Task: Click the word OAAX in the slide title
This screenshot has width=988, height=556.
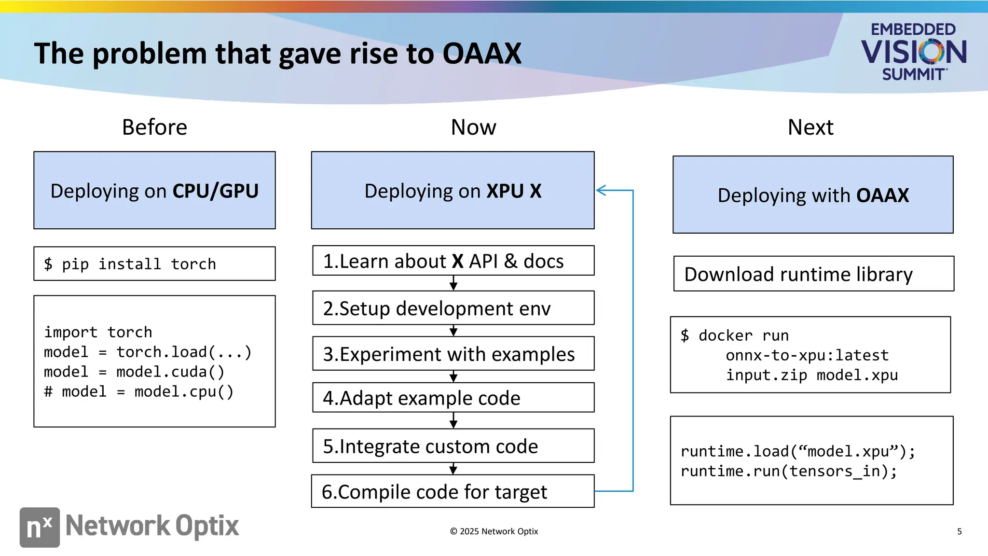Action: point(481,53)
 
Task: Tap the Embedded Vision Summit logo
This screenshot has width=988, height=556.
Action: point(913,52)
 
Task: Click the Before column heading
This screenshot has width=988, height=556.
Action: point(154,127)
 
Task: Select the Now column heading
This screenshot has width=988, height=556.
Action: point(473,127)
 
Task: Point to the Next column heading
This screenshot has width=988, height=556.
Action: point(810,127)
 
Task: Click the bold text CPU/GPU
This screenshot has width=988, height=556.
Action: point(215,191)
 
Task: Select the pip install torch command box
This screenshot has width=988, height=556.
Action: point(154,264)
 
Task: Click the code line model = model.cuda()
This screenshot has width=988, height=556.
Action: point(134,372)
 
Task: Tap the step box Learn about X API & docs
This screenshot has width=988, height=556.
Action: point(453,261)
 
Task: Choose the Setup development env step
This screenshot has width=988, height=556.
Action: point(453,308)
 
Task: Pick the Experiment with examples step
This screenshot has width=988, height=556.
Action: point(453,354)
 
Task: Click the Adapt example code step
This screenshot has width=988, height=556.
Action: point(453,398)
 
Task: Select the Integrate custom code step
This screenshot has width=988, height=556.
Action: point(453,446)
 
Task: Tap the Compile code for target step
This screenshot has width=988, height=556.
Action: point(453,492)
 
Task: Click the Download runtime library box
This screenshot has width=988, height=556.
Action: point(813,274)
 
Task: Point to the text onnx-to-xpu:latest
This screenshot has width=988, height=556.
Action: point(807,355)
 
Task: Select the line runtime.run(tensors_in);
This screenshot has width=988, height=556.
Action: point(788,471)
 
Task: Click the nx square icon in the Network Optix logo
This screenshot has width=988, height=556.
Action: point(40,527)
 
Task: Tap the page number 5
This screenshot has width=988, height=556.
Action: point(959,531)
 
